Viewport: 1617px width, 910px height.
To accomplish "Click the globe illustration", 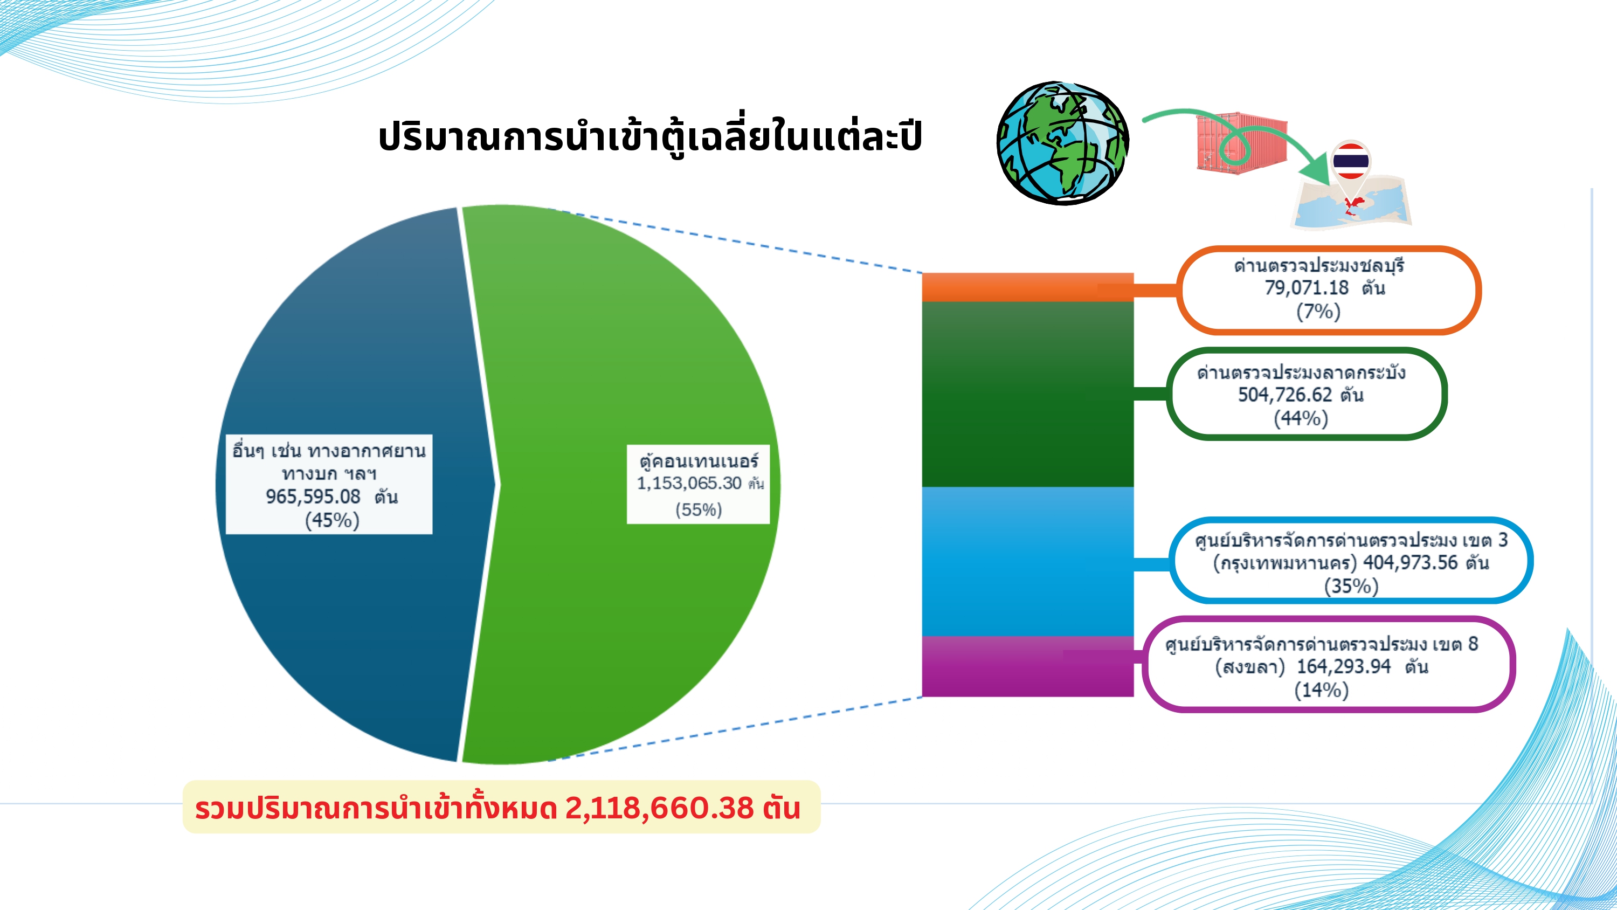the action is click(1063, 142).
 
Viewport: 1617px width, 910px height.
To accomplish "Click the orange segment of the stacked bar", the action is click(1027, 287).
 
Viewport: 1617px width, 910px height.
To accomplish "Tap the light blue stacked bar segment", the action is click(1027, 561).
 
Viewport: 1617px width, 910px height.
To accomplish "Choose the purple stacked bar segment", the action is click(1027, 666).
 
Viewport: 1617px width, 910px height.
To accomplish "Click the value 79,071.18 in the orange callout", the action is click(1307, 288).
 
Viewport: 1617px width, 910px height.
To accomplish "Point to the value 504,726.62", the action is click(1284, 395).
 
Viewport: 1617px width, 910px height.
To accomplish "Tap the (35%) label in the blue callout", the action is click(1351, 586).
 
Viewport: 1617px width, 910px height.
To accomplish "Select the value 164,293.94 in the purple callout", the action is click(1344, 666).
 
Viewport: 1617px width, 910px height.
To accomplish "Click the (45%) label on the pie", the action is click(332, 520).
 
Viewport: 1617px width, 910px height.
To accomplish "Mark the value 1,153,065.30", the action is click(689, 483).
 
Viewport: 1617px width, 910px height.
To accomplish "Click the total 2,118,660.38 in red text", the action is click(659, 808).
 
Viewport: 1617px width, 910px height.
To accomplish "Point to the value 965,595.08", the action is click(313, 497).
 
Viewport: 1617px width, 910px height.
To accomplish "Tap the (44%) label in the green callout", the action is click(1301, 418).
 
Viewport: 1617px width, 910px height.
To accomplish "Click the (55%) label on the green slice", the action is click(699, 509).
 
